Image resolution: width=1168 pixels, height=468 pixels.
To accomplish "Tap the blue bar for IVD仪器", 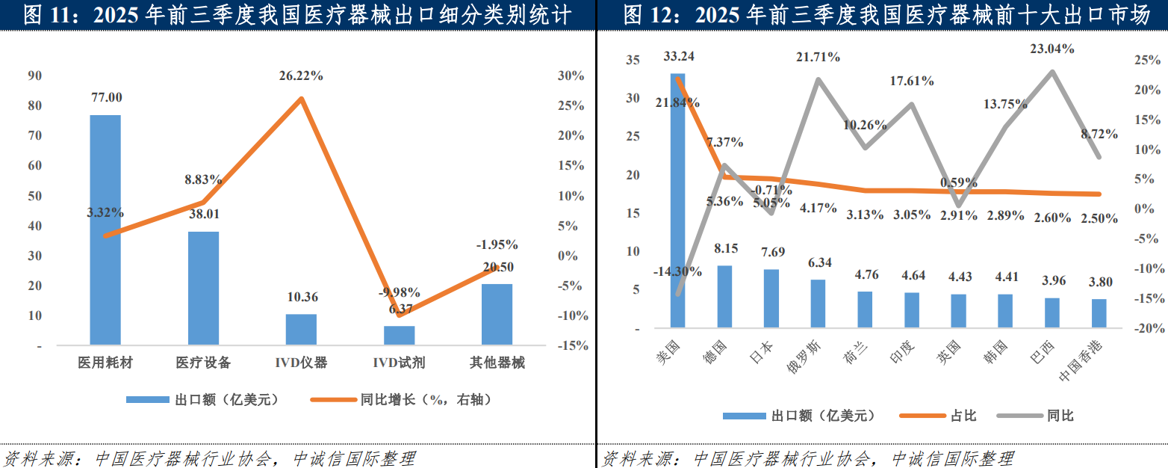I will [x=301, y=330].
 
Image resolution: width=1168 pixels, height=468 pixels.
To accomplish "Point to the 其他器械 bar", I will [x=497, y=314].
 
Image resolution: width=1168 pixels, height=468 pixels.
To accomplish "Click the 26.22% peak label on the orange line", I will [x=301, y=76].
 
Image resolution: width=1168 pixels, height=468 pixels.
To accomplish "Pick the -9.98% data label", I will [x=399, y=292].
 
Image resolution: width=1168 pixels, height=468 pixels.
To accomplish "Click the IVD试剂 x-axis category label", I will [x=399, y=363].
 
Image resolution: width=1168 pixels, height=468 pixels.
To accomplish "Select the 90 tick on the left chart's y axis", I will [x=34, y=76].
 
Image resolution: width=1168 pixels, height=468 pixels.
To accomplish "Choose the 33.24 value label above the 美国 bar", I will [x=677, y=57].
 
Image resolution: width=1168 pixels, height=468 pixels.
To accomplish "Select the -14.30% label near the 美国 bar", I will [x=677, y=272].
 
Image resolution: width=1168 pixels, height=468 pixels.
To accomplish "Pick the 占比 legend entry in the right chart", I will [x=963, y=416].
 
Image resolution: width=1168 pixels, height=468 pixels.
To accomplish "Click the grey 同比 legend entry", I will [x=1060, y=416].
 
